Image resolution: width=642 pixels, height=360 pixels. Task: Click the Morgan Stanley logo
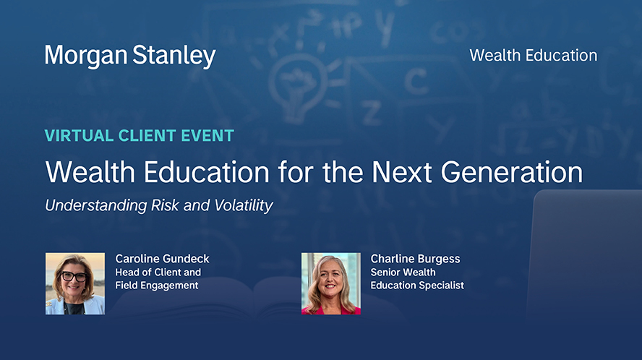point(130,56)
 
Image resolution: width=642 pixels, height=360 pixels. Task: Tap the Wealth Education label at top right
point(533,55)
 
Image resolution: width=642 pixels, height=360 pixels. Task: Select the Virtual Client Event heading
point(140,136)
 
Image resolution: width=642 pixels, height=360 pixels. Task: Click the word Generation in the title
point(511,172)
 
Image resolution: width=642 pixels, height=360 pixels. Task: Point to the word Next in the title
point(402,172)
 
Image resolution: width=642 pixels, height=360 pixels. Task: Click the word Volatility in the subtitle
point(244,205)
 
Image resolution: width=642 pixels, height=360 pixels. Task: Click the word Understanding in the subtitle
point(96,206)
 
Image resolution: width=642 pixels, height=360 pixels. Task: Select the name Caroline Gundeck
point(162,259)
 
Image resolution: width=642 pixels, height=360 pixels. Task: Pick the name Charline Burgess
point(415,259)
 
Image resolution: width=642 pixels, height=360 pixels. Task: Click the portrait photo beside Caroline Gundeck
point(75,283)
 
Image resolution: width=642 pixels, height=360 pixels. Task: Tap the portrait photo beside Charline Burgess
point(331,283)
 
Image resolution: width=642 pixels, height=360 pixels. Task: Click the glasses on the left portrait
point(74,276)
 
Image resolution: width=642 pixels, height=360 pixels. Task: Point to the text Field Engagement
point(157,286)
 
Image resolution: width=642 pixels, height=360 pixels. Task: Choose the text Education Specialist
point(417,286)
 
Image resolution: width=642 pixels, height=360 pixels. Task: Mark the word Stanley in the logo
point(174,56)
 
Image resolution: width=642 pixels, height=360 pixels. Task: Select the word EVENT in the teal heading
point(207,136)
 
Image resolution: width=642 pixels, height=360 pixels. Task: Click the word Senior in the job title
point(385,273)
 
